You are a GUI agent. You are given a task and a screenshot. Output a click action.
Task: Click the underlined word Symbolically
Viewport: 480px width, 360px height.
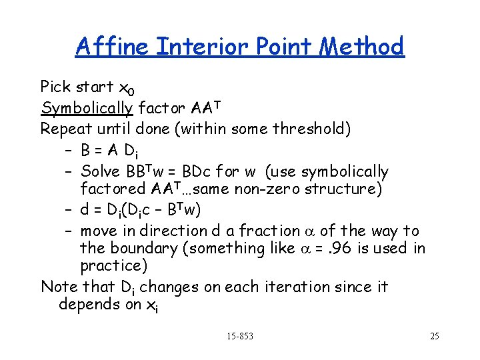coord(87,108)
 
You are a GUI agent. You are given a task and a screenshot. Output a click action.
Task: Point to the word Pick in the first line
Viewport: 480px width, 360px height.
coord(56,87)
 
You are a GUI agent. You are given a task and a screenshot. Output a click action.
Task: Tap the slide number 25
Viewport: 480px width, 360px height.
coord(434,336)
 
